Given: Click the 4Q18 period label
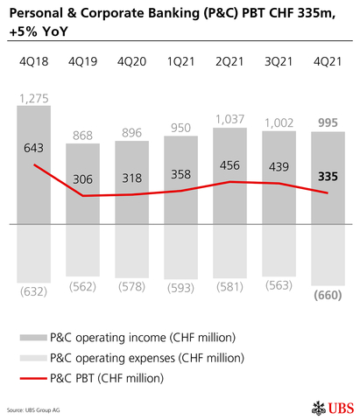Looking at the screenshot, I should (34, 65).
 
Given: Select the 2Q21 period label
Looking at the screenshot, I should (229, 65).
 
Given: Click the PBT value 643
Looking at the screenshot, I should (34, 148).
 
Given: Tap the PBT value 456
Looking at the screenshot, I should (229, 165).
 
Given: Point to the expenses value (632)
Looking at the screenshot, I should (34, 291).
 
